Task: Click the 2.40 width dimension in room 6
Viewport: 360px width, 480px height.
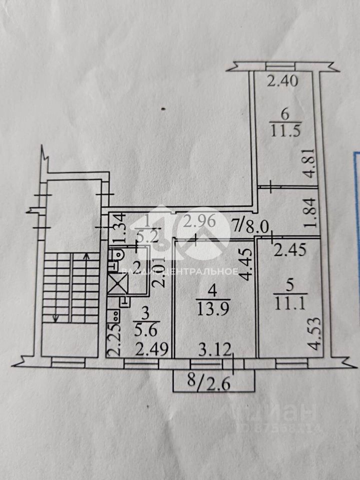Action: (282, 80)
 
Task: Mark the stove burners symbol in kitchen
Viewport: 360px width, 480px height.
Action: (115, 316)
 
